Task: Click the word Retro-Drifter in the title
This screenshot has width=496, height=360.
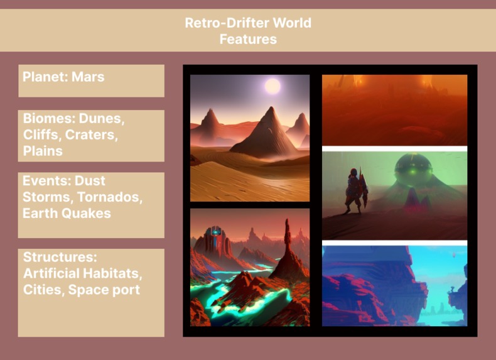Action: (x=222, y=23)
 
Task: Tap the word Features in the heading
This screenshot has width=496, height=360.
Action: (x=248, y=39)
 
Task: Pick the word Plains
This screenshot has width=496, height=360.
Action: (x=43, y=151)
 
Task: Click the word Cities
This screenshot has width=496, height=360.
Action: (x=43, y=290)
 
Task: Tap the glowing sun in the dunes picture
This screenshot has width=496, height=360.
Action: (x=272, y=85)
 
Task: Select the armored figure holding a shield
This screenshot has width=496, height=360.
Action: (x=355, y=188)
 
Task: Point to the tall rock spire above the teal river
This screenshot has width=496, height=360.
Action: (x=288, y=242)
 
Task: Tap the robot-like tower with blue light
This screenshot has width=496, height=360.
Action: (x=215, y=237)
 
